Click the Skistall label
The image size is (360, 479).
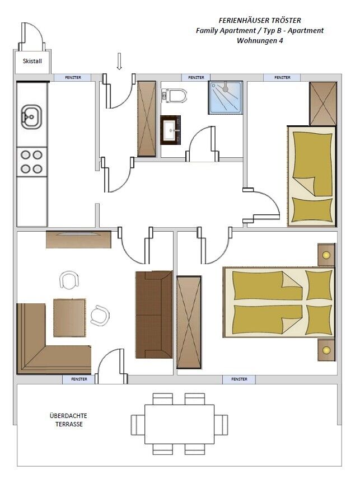point(32,61)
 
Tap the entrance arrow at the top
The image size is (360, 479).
point(119,61)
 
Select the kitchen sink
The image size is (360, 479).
point(31,117)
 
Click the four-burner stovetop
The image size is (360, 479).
point(32,162)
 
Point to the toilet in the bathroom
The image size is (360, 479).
point(174,96)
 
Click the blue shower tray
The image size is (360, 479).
point(226,97)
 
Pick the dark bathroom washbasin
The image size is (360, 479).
point(170,130)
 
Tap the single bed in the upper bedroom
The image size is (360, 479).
point(311,176)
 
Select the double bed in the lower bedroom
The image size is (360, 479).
point(279,302)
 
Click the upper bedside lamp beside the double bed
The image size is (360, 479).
point(326,255)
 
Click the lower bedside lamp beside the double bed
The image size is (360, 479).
point(326,350)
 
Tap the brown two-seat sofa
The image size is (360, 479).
point(154,314)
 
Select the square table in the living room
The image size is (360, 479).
point(69,318)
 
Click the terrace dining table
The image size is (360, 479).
point(179,424)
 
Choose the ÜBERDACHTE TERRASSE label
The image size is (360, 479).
point(69,420)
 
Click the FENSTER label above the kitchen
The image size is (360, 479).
point(73,78)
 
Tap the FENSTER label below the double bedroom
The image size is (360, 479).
point(239,379)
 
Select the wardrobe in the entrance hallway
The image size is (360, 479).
point(147,119)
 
